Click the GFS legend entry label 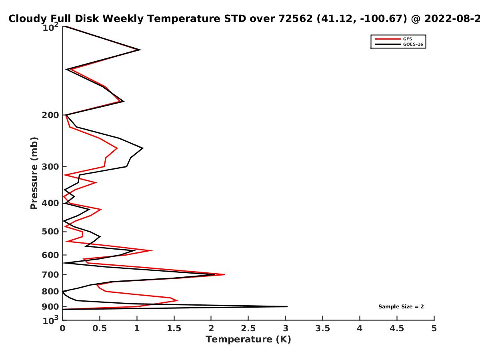[x=407, y=39]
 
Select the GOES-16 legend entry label [x=413, y=44]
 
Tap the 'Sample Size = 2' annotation [x=401, y=307]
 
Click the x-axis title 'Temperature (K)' [x=248, y=340]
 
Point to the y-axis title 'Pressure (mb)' [x=34, y=173]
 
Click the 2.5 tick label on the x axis [x=248, y=328]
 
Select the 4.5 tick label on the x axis [x=397, y=328]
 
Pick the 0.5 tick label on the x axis [x=100, y=328]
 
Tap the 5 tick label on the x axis [x=434, y=328]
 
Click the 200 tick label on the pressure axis [x=50, y=115]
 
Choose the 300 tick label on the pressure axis [x=50, y=167]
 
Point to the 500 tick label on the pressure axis [x=50, y=232]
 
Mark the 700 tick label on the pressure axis [x=50, y=275]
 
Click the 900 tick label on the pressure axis [x=50, y=307]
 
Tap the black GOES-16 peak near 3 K [x=287, y=306]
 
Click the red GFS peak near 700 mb [x=224, y=274]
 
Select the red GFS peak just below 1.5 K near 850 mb [x=177, y=300]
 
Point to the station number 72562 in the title [x=295, y=19]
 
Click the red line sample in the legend [x=388, y=39]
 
